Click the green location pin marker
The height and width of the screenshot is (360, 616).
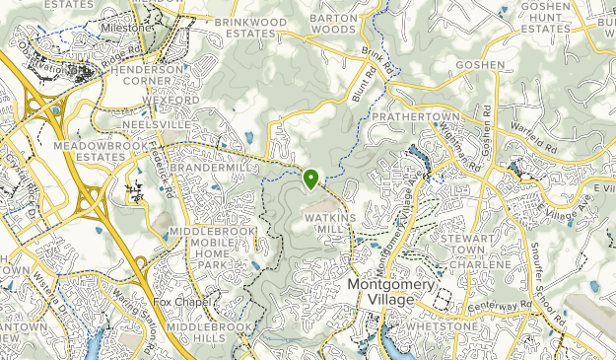click(x=310, y=180)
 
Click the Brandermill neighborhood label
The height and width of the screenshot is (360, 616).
click(x=208, y=168)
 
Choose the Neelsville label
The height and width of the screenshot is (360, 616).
click(x=154, y=125)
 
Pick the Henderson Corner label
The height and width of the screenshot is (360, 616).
click(x=148, y=78)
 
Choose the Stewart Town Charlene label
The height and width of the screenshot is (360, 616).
click(x=481, y=252)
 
